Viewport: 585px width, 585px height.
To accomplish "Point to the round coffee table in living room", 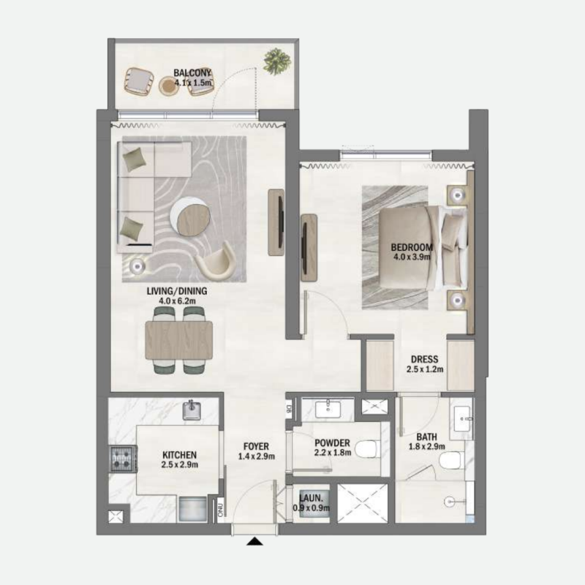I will (x=190, y=219).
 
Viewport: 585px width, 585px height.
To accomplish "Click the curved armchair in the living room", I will (x=217, y=263).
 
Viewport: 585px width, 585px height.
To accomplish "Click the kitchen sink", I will (x=192, y=411).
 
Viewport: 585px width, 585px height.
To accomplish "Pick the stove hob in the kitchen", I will (x=119, y=459).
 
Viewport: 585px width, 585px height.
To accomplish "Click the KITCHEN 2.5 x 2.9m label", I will (x=180, y=459).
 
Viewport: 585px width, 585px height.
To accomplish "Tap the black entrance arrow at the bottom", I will (x=255, y=542).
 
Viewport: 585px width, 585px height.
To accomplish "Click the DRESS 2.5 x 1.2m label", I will (x=424, y=364).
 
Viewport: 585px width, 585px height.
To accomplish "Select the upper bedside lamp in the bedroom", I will (x=457, y=195).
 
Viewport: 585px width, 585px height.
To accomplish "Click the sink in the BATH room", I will (x=463, y=420).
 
